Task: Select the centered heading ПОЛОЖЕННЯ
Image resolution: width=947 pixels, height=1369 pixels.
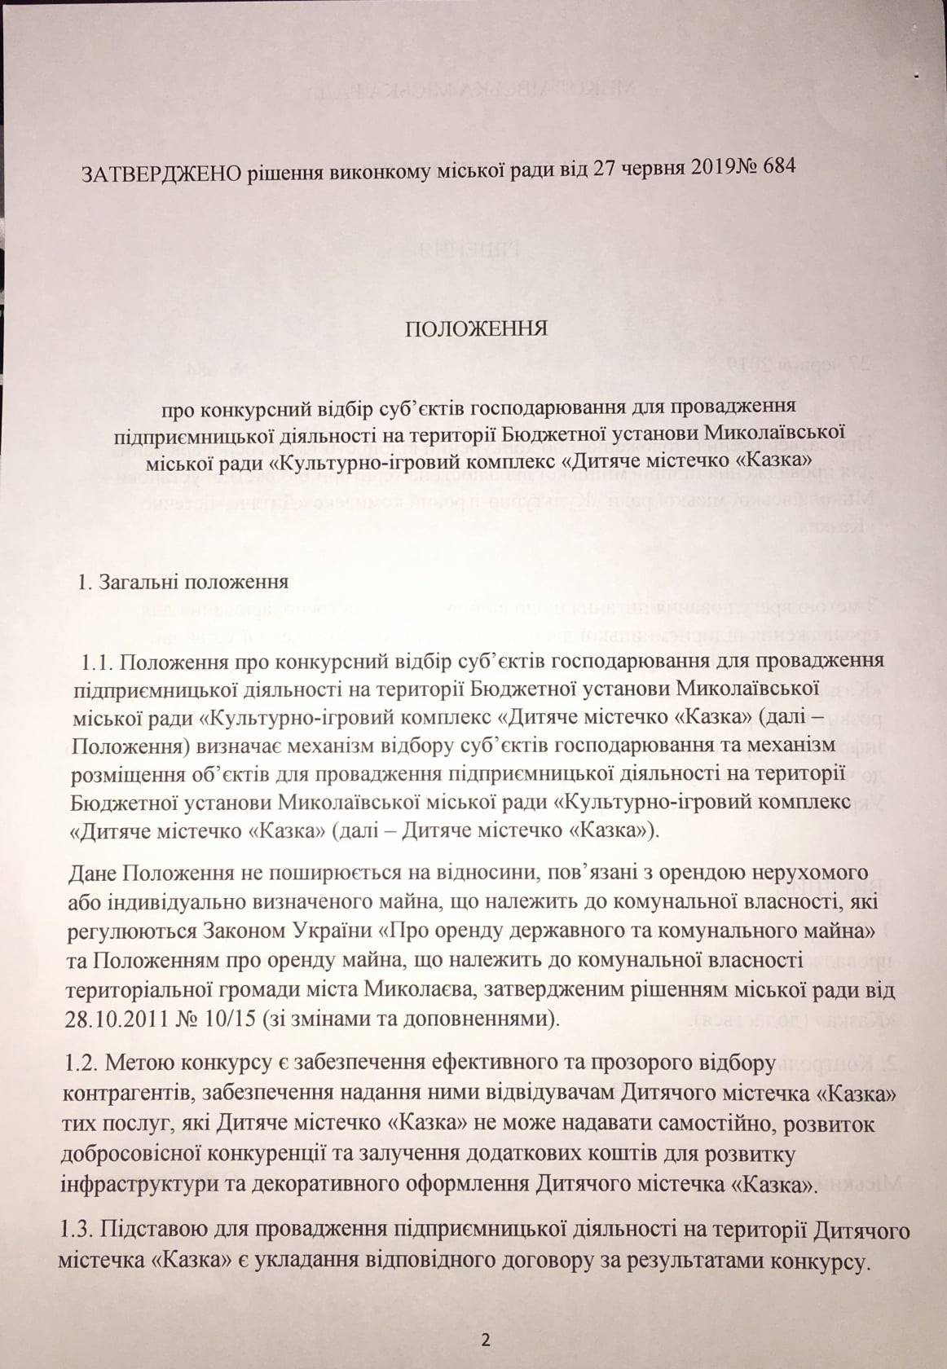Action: tap(476, 329)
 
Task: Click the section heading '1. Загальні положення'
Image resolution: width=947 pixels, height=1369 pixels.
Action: tap(183, 583)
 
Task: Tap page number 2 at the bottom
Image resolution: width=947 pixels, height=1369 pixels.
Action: tap(486, 1339)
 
